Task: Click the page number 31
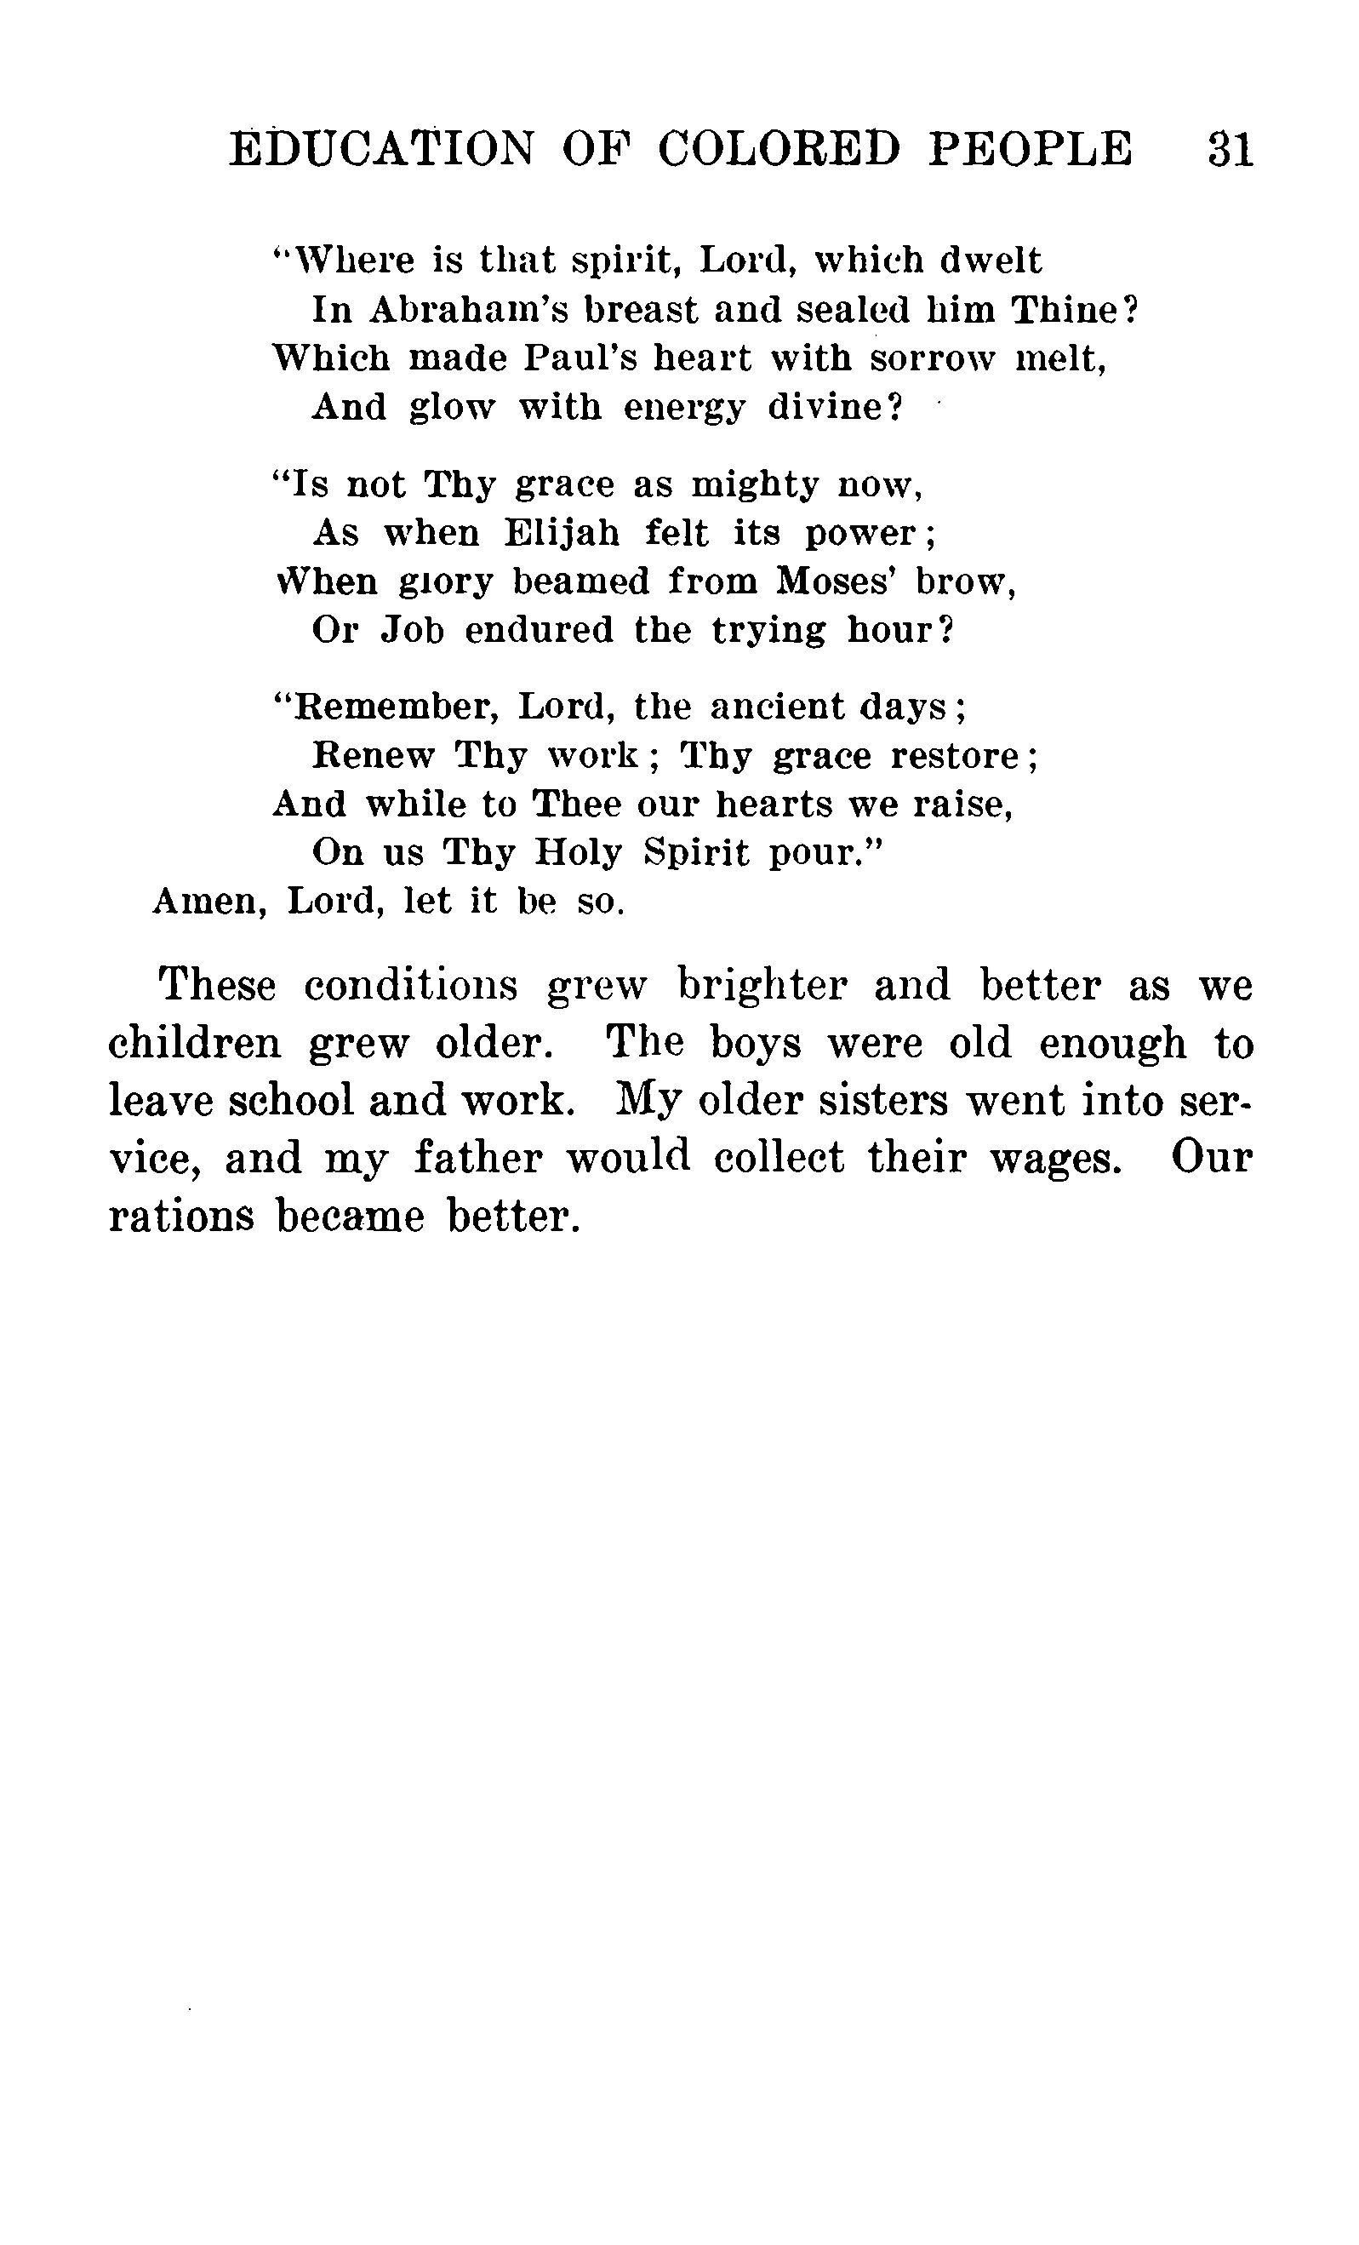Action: point(1230,148)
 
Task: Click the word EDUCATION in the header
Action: point(381,148)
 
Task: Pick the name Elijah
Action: point(562,533)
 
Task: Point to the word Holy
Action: point(579,852)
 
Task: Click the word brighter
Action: point(762,986)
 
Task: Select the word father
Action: point(477,1158)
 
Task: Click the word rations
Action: point(180,1217)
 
